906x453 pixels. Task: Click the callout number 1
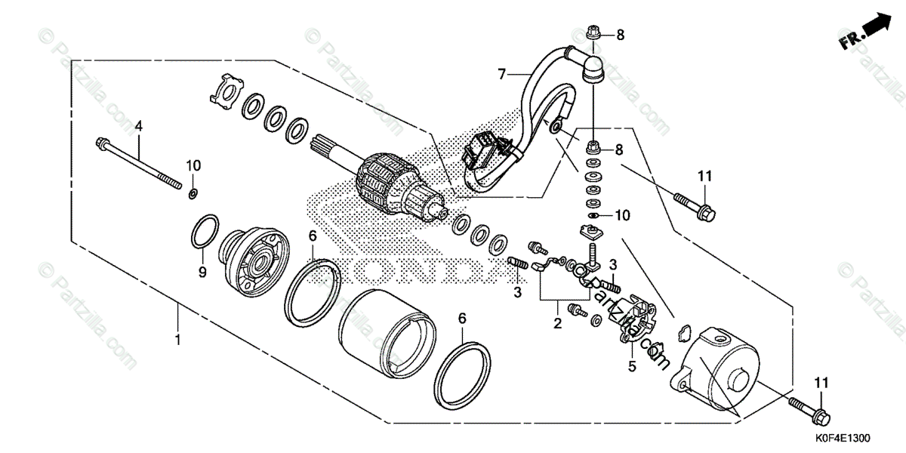click(x=178, y=341)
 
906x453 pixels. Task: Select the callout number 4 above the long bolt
click(x=139, y=127)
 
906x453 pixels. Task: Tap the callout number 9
click(x=202, y=271)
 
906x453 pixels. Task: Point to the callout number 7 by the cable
click(x=501, y=74)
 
